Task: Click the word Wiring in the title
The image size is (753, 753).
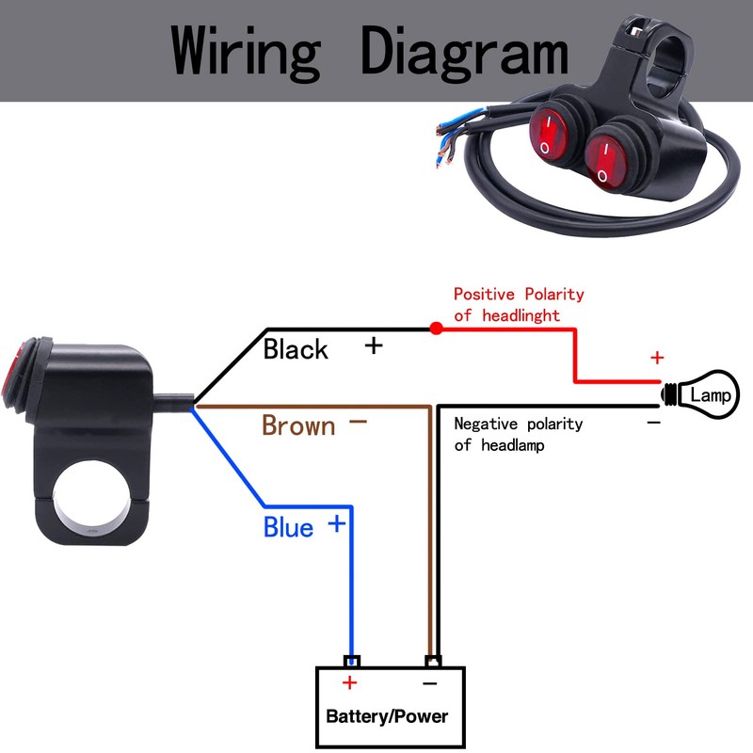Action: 246,53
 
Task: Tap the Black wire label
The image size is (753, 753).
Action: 296,348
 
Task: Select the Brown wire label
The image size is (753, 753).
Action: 298,425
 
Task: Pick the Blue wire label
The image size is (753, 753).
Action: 288,527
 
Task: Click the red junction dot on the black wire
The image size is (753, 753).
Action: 436,328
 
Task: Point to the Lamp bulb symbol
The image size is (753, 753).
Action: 700,394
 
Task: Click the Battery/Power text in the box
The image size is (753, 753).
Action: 387,716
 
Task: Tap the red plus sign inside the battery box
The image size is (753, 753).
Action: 349,682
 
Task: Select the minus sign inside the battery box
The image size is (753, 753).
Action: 430,683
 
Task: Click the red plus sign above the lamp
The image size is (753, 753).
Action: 657,358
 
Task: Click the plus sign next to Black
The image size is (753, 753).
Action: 374,345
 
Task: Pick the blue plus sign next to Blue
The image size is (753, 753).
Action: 337,523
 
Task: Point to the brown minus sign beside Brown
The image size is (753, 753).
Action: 358,422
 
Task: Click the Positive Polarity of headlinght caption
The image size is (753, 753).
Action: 519,304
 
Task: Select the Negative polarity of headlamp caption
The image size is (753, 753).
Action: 519,434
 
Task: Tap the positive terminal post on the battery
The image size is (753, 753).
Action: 352,661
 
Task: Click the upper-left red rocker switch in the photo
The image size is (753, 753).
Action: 548,134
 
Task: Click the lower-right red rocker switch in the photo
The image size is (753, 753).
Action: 606,162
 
